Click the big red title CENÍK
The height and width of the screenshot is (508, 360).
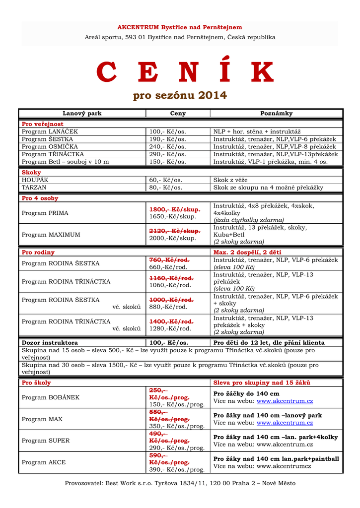point(185,73)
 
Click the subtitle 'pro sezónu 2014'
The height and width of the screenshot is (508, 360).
point(180,95)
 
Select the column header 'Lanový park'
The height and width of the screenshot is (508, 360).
point(82,114)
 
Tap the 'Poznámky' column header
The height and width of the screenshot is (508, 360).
point(277,114)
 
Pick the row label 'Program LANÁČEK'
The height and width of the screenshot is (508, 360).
point(50,131)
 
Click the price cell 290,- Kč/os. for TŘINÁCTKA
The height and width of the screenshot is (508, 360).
point(167,154)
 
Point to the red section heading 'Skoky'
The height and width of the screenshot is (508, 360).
point(31,172)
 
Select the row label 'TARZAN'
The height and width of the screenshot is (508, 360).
point(34,188)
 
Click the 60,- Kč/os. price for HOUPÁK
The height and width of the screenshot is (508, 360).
point(165,180)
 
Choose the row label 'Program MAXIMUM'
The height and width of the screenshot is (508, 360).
point(51,235)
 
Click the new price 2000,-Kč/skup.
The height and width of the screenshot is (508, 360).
point(173,239)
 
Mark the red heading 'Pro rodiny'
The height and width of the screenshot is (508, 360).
point(38,253)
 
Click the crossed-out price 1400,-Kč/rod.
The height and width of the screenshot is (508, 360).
point(171,321)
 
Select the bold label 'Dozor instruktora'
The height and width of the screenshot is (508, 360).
point(50,343)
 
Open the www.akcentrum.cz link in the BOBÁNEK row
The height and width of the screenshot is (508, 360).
point(285,401)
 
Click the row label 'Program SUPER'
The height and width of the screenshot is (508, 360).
point(46,441)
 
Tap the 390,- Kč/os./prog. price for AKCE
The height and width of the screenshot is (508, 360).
point(177,470)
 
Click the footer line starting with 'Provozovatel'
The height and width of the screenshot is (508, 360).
point(180,483)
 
